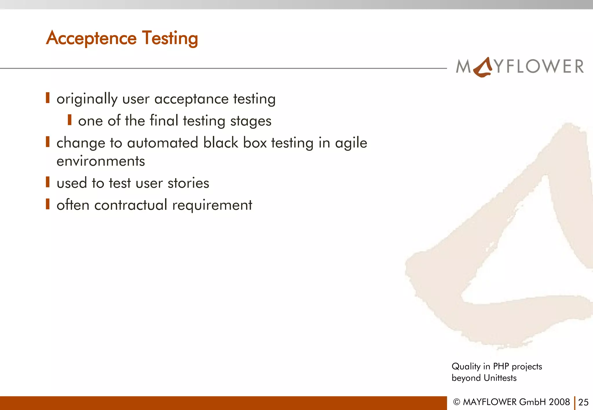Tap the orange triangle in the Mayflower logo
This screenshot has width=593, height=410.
pyautogui.click(x=483, y=67)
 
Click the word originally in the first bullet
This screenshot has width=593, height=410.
pyautogui.click(x=87, y=99)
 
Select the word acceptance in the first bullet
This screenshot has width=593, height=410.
pyautogui.click(x=191, y=99)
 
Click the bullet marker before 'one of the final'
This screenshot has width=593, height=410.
pyautogui.click(x=69, y=120)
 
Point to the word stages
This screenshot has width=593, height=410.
pyautogui.click(x=251, y=121)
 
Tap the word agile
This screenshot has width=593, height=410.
pyautogui.click(x=351, y=143)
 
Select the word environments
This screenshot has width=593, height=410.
pyautogui.click(x=100, y=161)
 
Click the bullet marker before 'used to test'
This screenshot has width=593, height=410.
pyautogui.click(x=48, y=182)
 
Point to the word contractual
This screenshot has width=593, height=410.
pyautogui.click(x=131, y=205)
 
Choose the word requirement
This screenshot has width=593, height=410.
pyautogui.click(x=212, y=206)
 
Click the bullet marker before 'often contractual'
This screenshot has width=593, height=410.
pyautogui.click(x=48, y=204)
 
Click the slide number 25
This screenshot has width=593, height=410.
pyautogui.click(x=583, y=402)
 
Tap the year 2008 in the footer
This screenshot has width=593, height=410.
pyautogui.click(x=559, y=402)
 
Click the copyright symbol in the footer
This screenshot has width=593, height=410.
pyautogui.click(x=457, y=402)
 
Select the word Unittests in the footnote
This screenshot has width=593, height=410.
pyautogui.click(x=500, y=378)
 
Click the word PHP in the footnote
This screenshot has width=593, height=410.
pyautogui.click(x=501, y=366)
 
